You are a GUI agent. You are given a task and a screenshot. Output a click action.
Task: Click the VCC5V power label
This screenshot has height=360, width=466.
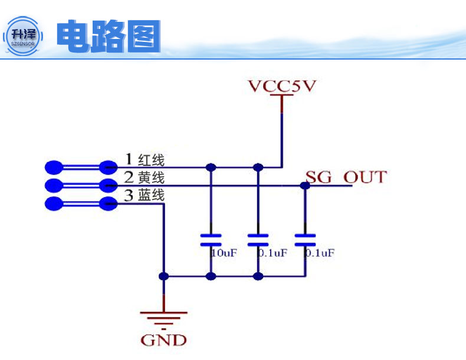coord(282,86)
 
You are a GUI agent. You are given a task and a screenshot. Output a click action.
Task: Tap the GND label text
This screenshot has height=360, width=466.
coord(163,340)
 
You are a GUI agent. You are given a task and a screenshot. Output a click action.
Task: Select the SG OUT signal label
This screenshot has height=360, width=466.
coord(346,176)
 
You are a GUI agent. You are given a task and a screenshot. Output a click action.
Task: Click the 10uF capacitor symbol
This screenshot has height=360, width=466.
coord(211,240)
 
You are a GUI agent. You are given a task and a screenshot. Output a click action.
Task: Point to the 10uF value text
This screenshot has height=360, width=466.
coord(224,253)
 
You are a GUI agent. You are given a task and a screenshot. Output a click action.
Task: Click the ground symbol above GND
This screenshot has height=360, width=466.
coord(163,318)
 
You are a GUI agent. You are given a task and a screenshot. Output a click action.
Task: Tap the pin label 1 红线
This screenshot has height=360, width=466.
coord(145,159)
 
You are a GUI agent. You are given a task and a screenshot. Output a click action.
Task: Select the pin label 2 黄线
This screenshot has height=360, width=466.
coord(144,177)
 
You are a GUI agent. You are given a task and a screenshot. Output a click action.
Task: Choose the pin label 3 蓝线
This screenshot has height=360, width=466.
coord(144,195)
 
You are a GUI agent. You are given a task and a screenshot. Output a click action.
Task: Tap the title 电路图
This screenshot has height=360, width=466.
coord(109,37)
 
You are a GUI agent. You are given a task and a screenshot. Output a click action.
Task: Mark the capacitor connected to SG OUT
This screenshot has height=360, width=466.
coord(305,240)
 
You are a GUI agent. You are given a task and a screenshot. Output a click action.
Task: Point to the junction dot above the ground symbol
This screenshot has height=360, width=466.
coord(163,276)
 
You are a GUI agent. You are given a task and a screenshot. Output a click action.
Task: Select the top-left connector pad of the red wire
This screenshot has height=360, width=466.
coord(54,167)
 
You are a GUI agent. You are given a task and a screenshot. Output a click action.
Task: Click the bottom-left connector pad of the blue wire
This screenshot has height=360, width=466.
coord(54,204)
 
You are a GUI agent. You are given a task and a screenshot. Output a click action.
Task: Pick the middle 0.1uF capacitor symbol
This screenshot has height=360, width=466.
coord(258,240)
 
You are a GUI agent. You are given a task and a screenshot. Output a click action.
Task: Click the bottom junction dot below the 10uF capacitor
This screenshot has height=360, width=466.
coord(211,276)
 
